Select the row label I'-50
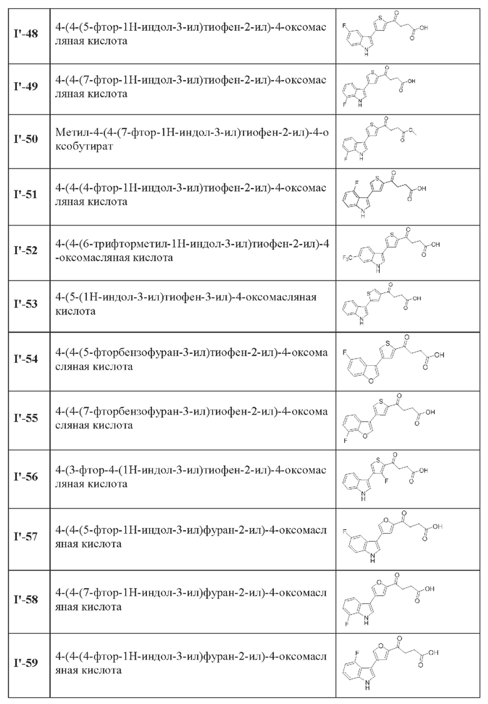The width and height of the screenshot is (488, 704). (x=26, y=140)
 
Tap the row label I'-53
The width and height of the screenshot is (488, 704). (x=26, y=304)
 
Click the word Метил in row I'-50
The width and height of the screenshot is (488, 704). (x=74, y=133)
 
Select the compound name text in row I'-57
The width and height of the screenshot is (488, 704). (x=191, y=537)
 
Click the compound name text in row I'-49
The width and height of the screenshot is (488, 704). (x=191, y=87)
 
